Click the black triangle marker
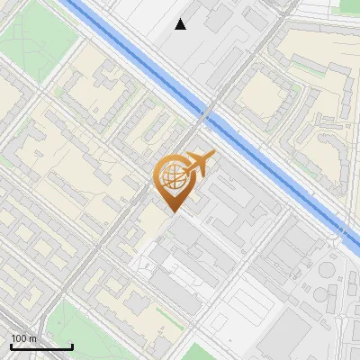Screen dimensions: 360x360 coord(181,24)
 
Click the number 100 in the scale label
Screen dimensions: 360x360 coord(20,338)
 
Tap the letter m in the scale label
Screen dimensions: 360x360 coord(33,338)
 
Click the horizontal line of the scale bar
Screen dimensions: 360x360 coord(41,347)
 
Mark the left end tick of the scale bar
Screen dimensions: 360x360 coord(10,346)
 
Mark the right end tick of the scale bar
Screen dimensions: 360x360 coord(72,346)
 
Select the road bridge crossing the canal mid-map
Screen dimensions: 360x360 coord(206,113)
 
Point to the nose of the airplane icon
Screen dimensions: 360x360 coord(215,154)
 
